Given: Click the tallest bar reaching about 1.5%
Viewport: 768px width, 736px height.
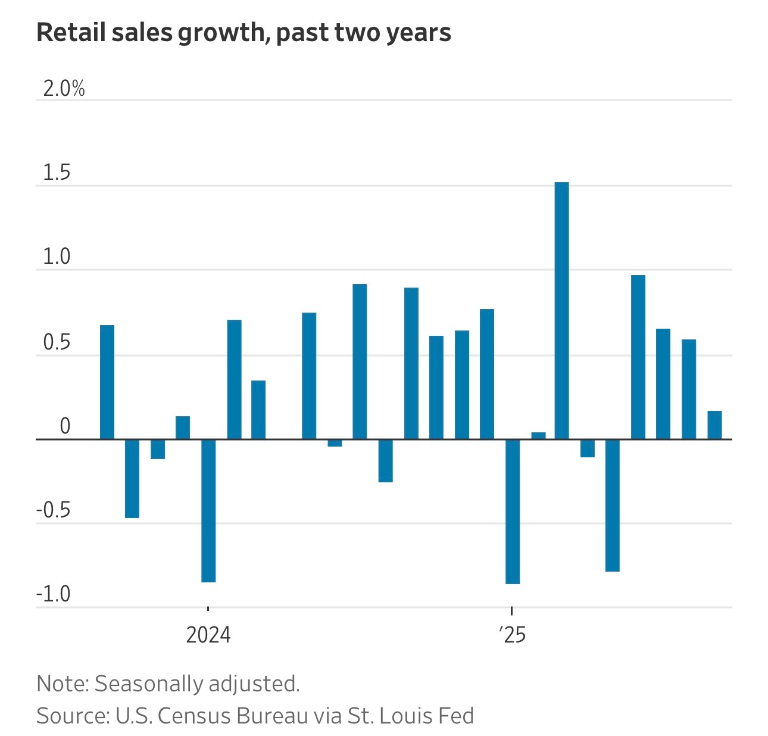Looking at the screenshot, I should (561, 311).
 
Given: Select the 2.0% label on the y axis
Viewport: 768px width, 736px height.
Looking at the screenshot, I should (64, 89).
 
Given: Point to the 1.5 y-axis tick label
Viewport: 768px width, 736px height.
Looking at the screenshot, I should (57, 173).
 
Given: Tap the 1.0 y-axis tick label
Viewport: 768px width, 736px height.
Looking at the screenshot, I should (57, 257).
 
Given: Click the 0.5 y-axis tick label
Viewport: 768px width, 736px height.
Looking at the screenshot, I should (57, 343).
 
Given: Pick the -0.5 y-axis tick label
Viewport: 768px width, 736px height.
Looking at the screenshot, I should (54, 511).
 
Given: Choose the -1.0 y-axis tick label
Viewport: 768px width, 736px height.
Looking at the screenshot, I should (54, 594).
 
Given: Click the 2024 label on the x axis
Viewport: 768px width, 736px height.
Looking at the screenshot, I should (208, 635).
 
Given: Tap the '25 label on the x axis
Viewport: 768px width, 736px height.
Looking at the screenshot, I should (513, 635).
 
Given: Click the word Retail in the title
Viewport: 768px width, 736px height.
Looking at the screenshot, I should (64, 33).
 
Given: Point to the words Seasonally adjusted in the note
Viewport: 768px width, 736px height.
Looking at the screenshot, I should (197, 684).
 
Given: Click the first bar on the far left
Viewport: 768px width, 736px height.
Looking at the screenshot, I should (107, 382).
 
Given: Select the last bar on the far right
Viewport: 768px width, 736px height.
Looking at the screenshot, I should (714, 425).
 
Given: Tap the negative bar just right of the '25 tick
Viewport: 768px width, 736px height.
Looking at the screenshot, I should (513, 512).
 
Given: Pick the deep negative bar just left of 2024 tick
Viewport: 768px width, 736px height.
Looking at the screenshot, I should (208, 510).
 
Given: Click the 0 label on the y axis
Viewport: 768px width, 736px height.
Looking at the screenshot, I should (65, 426).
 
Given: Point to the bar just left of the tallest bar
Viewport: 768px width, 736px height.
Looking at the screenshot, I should (538, 436).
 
